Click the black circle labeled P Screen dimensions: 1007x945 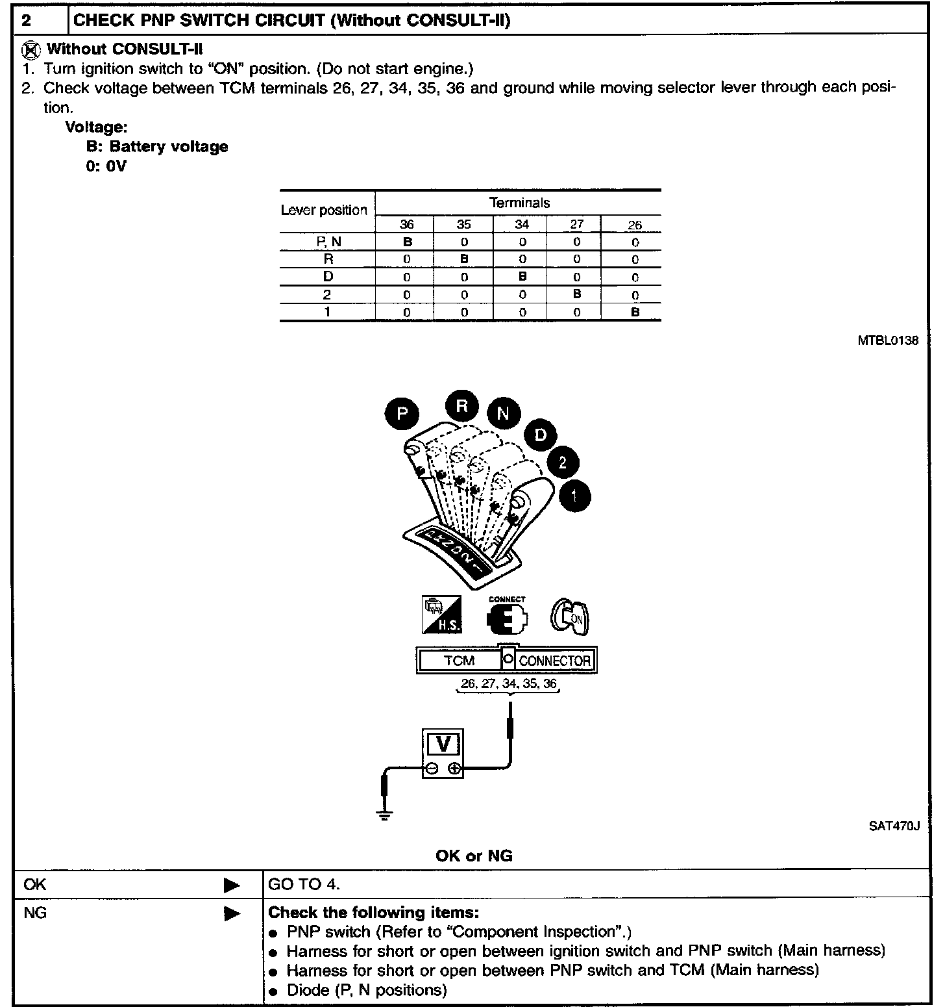tap(402, 414)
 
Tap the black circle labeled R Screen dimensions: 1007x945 tap(461, 407)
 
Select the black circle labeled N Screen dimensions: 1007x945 tap(504, 413)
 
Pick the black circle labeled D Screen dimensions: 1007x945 tap(540, 435)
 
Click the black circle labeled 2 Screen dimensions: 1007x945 tap(563, 463)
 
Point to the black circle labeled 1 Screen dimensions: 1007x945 tap(574, 497)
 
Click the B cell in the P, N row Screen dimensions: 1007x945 tap(407, 242)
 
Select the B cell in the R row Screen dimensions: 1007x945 tap(463, 259)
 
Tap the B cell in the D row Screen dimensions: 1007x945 tap(522, 277)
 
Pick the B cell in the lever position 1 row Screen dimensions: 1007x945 tap(635, 312)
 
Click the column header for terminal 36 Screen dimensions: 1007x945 tap(406, 225)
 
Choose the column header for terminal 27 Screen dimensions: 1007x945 tap(576, 225)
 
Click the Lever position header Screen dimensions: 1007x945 tap(324, 210)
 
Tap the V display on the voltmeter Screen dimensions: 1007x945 tap(443, 743)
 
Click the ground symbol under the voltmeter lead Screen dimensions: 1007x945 tap(385, 816)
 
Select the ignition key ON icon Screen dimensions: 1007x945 tap(570, 616)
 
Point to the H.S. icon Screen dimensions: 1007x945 tap(442, 615)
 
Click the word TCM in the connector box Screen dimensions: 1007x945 tap(460, 661)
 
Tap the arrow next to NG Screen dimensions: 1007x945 tap(231, 913)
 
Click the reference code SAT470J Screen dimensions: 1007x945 tap(894, 826)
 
